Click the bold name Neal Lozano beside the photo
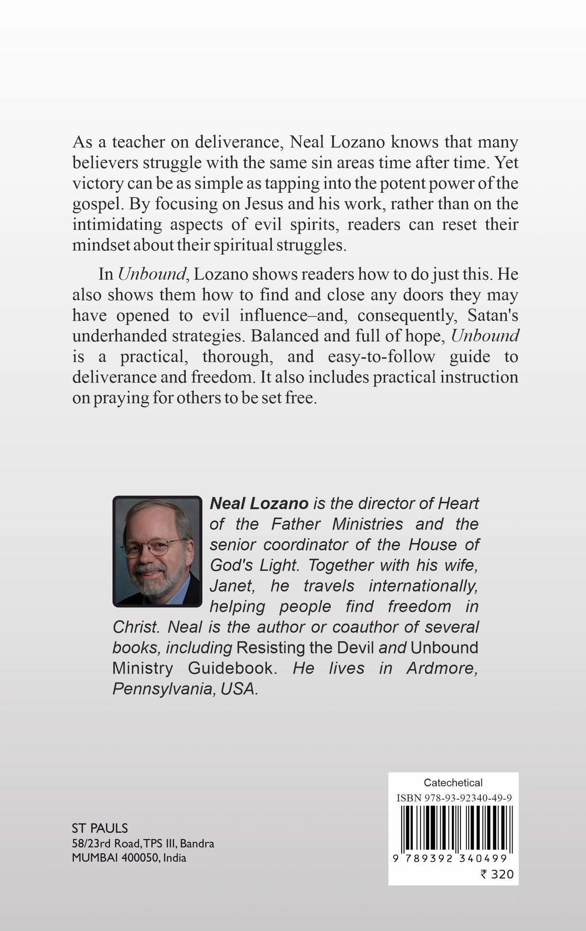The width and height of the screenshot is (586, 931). click(x=259, y=503)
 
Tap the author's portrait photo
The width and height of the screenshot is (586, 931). click(x=157, y=551)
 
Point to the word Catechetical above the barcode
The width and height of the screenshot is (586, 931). click(x=453, y=782)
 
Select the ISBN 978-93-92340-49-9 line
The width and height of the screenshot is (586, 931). click(x=454, y=798)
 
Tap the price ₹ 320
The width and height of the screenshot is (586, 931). click(x=497, y=874)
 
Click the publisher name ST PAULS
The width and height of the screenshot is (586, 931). click(x=100, y=828)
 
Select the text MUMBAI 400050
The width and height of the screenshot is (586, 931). click(x=115, y=858)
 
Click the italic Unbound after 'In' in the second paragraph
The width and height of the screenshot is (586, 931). click(x=152, y=274)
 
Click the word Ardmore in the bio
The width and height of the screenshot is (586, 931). click(x=442, y=668)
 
